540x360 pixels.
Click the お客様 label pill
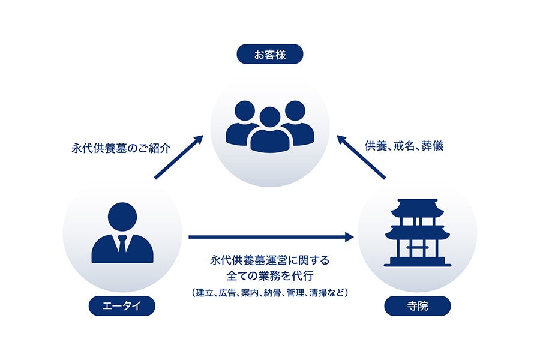[269, 55]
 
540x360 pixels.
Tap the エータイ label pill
[122, 307]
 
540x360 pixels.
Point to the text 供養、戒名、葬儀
[404, 146]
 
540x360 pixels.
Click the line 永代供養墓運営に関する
[270, 261]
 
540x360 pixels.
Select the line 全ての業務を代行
[270, 276]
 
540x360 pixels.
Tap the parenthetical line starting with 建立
[270, 293]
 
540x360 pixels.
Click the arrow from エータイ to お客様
[179, 157]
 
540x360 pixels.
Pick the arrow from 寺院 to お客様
[361, 157]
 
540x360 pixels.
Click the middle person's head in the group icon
[270, 118]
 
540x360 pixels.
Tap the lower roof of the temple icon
[417, 230]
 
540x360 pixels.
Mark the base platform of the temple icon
[417, 262]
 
